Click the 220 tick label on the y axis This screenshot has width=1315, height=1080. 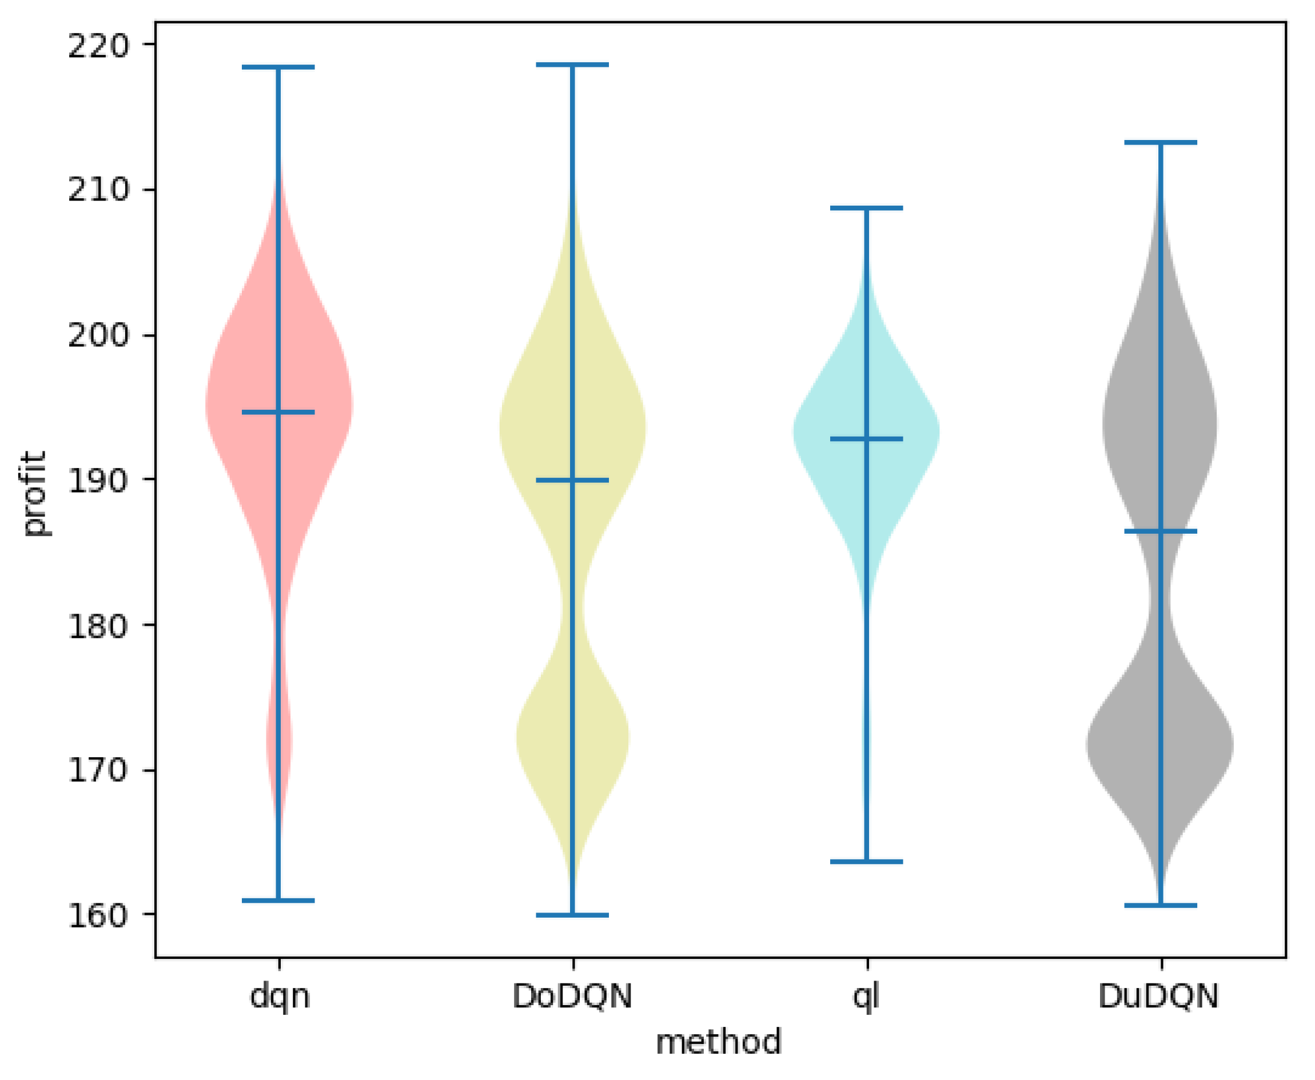point(98,45)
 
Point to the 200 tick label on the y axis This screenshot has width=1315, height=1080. point(98,336)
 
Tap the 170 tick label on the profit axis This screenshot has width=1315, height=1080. point(98,771)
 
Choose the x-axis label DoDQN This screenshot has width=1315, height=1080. point(572,997)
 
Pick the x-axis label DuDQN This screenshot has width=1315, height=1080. point(1158,997)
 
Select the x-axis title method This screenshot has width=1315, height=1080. point(719,1042)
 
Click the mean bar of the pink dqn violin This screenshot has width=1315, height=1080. point(278,412)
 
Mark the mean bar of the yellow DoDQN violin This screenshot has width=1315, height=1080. point(572,480)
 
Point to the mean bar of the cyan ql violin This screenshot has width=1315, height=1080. point(866,439)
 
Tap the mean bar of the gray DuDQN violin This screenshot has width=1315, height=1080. point(1161,531)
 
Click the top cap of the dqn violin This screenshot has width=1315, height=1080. point(278,67)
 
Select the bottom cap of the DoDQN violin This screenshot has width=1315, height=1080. point(572,915)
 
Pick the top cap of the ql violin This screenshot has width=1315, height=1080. point(866,209)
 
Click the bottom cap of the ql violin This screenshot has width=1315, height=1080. point(866,862)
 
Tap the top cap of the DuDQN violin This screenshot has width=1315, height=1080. point(1161,142)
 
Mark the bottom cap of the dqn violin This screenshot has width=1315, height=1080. point(278,900)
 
